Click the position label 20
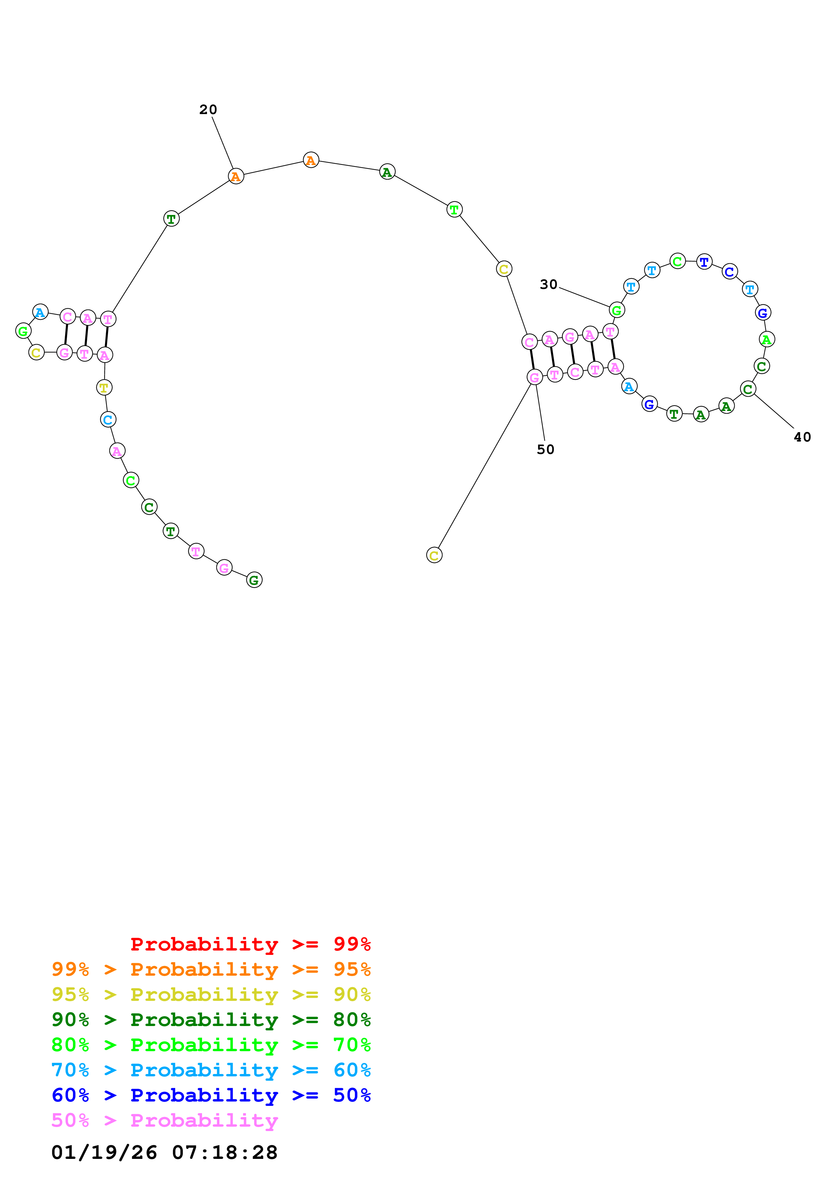point(208,110)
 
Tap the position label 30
point(548,285)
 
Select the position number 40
point(802,437)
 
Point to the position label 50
point(545,450)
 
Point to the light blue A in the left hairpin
point(40,312)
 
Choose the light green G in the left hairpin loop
point(23,331)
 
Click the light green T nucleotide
point(454,210)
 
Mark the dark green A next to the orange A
point(387,172)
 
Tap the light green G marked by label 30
point(616,310)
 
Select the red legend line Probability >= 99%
point(250,944)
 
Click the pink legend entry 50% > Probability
point(164,1121)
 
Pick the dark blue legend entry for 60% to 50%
point(211,1095)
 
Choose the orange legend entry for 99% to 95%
point(211,969)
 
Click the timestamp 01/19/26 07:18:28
point(164,1153)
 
